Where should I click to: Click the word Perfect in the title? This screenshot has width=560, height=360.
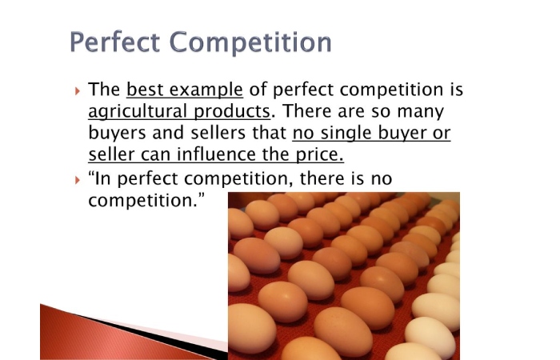[114, 42]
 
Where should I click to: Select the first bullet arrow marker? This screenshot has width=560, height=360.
[78, 91]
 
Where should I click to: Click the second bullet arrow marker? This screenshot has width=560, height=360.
[78, 180]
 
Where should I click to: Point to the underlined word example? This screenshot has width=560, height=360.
[206, 90]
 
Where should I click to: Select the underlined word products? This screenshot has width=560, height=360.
[232, 112]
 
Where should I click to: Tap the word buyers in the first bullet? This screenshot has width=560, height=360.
[117, 134]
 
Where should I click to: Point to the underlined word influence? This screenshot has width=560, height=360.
[217, 154]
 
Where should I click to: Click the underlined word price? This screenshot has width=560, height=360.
[320, 155]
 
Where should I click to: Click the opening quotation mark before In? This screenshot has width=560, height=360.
[91, 174]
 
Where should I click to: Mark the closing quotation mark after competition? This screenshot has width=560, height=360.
[202, 196]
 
